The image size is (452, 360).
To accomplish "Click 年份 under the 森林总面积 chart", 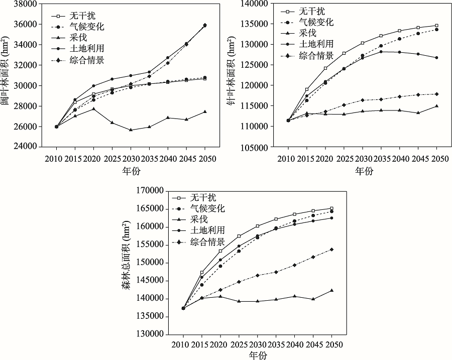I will coord(258,355).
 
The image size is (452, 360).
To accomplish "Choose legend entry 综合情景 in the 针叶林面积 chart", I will coord(316,55).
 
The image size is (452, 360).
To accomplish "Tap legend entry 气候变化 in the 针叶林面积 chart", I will coord(316,22).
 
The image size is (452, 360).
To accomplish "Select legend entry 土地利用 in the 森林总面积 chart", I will coord(207,230).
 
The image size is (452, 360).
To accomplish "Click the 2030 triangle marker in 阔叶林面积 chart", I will coord(131,130).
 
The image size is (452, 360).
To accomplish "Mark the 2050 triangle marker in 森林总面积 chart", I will coord(331,290).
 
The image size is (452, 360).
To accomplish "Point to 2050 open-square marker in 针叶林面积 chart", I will coord(436,26).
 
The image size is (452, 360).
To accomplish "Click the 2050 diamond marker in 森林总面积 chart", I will coord(331,250).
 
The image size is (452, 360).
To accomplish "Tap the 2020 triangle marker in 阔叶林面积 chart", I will coord(93,108).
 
